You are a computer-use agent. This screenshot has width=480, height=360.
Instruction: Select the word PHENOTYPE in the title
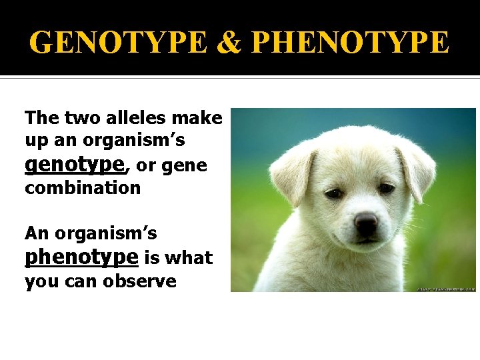coord(351,43)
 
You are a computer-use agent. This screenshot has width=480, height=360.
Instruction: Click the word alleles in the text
coord(135,118)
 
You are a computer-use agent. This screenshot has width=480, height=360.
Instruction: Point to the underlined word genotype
coord(74,164)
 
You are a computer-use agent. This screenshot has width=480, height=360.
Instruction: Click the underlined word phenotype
coord(81,257)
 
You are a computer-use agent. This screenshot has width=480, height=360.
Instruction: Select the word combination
coord(83,188)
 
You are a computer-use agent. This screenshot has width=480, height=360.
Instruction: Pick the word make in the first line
coord(197,118)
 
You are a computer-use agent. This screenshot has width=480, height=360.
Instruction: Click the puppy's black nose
coord(366,222)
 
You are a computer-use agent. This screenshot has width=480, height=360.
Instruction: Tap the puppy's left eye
coord(333,193)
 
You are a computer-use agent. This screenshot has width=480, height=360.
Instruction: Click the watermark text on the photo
coord(446,289)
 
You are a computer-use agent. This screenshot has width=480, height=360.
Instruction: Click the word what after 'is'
coord(190,258)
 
